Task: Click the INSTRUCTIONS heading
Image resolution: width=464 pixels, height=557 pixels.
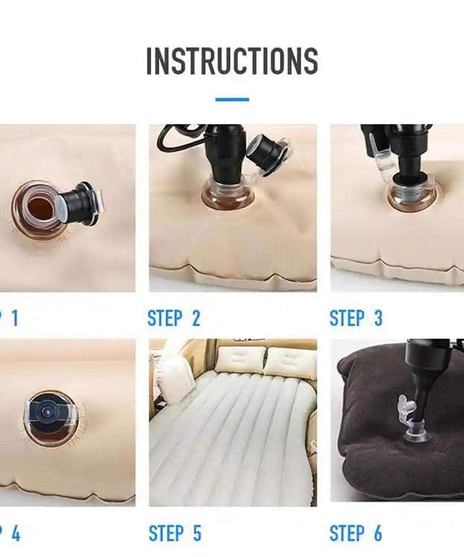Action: pos(232,61)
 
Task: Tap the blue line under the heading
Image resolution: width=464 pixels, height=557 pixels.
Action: pos(232,100)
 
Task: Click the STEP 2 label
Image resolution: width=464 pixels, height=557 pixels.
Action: pos(174,318)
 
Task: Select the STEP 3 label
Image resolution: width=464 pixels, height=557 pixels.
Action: pos(356,318)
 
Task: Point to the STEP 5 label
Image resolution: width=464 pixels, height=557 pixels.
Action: pos(174,533)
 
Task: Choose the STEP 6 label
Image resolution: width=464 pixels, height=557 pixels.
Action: pos(356,533)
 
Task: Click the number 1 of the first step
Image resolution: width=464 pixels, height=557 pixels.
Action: pos(15,318)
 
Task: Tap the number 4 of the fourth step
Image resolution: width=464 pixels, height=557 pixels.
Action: pos(16,533)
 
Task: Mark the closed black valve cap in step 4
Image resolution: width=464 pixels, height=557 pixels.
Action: pos(48,411)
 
